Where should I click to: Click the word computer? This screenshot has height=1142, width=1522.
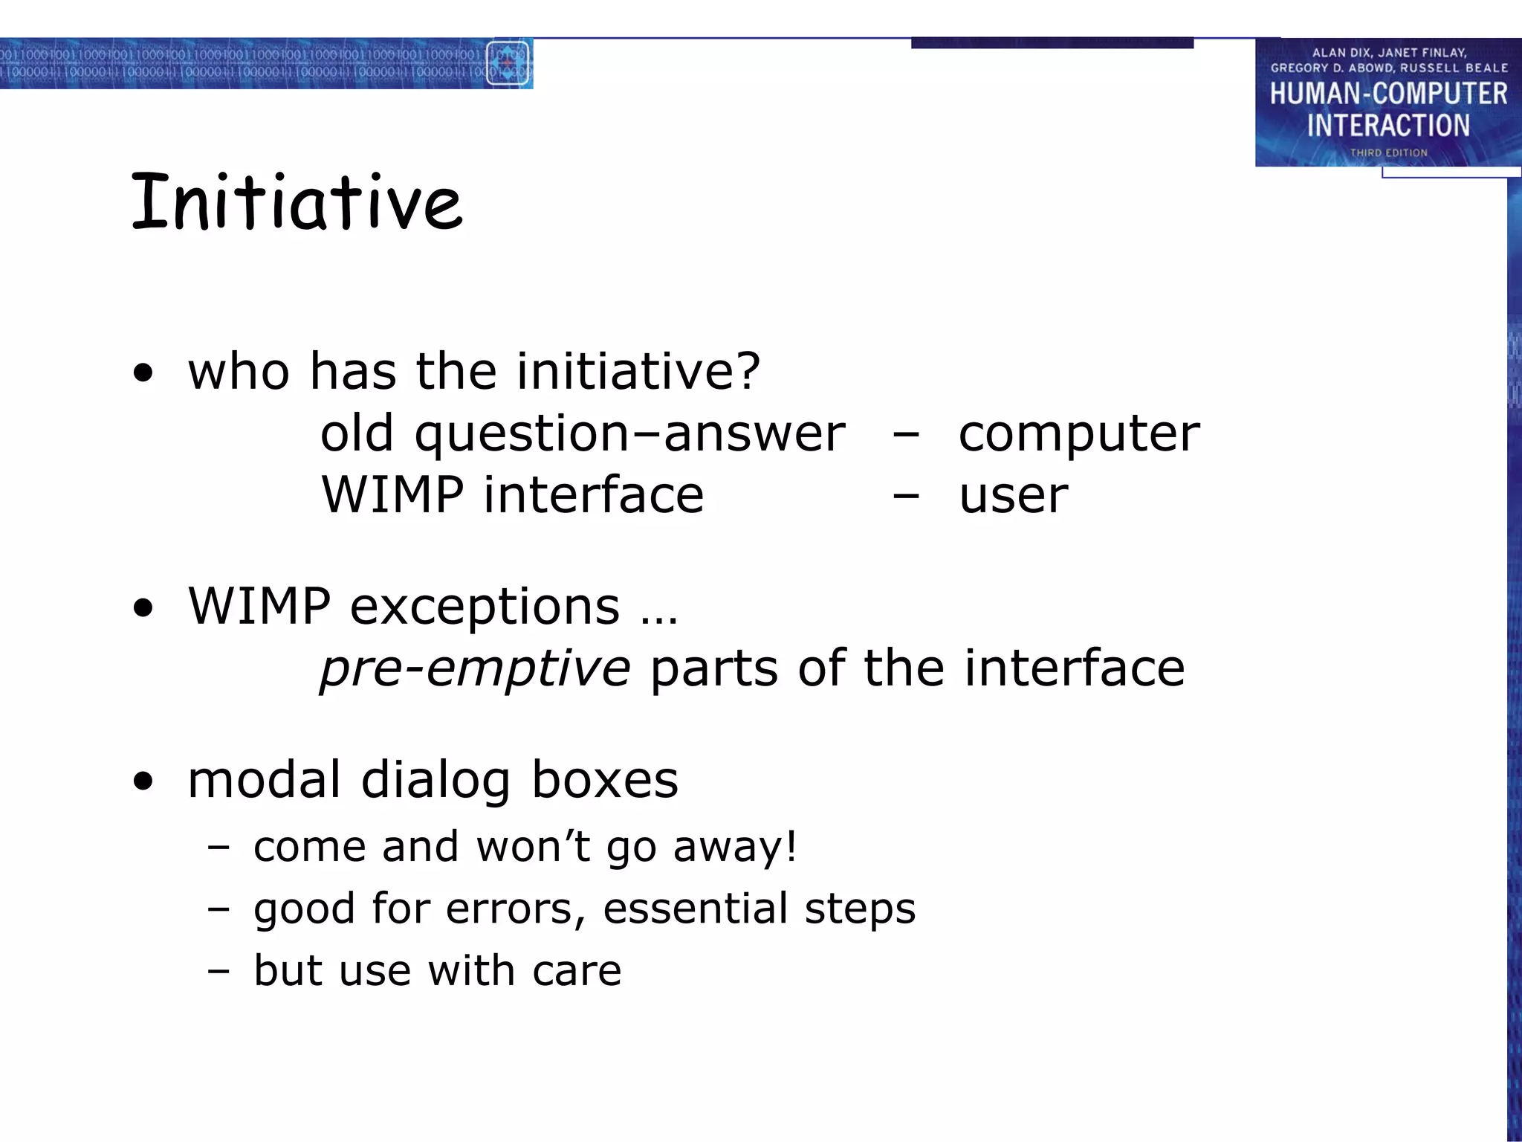(x=1078, y=433)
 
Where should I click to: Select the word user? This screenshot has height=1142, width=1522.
(x=1013, y=495)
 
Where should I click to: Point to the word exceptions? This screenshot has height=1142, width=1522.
(x=485, y=607)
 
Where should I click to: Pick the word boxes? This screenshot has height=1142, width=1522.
(x=604, y=780)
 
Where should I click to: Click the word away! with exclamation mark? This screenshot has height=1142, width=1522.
(x=734, y=847)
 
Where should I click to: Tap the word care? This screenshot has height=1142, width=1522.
(x=577, y=970)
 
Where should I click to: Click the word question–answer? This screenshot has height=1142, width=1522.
(x=629, y=433)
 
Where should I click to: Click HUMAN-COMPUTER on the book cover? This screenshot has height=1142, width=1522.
(x=1388, y=94)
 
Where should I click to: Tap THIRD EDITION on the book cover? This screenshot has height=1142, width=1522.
(x=1388, y=152)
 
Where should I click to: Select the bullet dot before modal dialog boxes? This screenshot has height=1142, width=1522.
(x=143, y=781)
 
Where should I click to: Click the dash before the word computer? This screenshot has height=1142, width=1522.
(x=906, y=433)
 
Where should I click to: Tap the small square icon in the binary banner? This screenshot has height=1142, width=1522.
(x=508, y=64)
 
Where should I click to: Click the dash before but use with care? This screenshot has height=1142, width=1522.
(x=218, y=970)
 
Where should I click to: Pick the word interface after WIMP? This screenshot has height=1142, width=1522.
(x=593, y=495)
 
